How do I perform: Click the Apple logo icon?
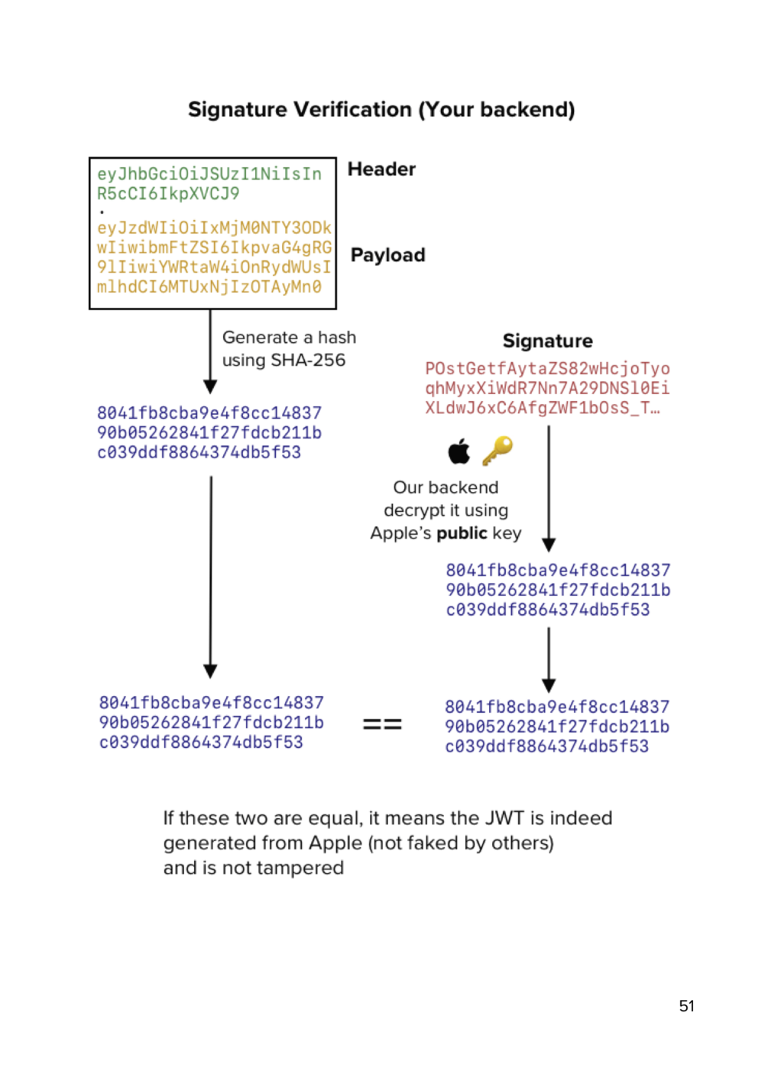(459, 451)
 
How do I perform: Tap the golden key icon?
(497, 451)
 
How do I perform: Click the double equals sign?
(382, 724)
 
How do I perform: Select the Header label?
(381, 169)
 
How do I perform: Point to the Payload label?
(387, 255)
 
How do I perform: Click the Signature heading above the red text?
(547, 341)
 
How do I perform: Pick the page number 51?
(686, 1006)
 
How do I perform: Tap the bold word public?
(462, 533)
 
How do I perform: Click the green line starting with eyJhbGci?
(209, 174)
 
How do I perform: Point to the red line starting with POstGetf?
(547, 369)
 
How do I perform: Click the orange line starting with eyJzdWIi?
(214, 228)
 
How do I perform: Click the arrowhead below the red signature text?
(549, 544)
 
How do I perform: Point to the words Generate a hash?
(289, 337)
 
